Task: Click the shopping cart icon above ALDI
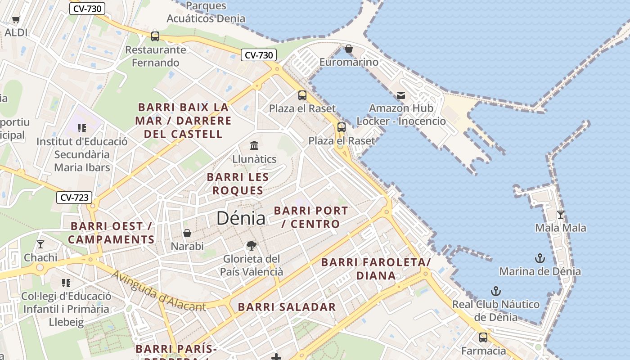tap(16, 19)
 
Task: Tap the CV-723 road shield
tap(74, 197)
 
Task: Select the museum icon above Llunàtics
tap(254, 145)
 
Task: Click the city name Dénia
tap(241, 218)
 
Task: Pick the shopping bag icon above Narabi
tap(187, 233)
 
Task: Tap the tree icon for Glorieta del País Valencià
tap(252, 246)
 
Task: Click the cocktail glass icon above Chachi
tap(40, 244)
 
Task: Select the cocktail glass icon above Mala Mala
tap(560, 214)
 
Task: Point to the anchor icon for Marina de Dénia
tap(540, 258)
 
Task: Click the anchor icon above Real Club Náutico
tap(495, 291)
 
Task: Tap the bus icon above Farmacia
tap(483, 337)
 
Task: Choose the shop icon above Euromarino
tap(349, 49)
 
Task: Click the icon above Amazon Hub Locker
tap(401, 95)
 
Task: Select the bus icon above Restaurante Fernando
tap(155, 36)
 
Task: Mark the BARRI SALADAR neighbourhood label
tap(287, 307)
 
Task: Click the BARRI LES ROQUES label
tap(238, 184)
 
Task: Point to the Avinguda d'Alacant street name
tap(158, 292)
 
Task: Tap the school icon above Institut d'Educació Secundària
tap(81, 128)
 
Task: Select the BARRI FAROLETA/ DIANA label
tap(376, 269)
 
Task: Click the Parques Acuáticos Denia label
tap(206, 12)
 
